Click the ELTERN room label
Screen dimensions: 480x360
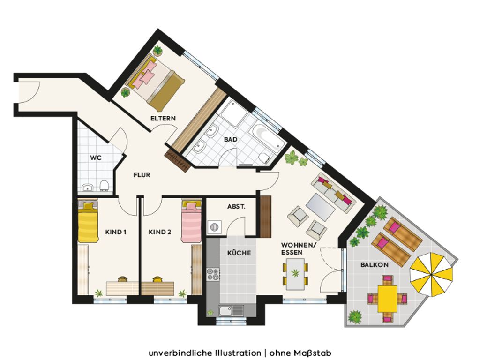[x=163, y=118]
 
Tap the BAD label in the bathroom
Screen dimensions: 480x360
[x=231, y=139]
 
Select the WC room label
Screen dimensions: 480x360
[x=96, y=158]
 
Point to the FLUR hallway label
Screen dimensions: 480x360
[x=142, y=175]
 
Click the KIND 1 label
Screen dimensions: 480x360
[x=116, y=232]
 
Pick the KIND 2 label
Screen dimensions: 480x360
[x=160, y=232]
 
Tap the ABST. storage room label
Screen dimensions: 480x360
[x=236, y=207]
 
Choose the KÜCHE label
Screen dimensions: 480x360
[x=239, y=253]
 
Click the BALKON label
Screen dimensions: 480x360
[x=375, y=265]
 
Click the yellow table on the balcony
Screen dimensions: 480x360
[x=387, y=299]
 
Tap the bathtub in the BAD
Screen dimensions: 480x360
[x=265, y=137]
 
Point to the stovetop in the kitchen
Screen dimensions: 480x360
[x=213, y=274]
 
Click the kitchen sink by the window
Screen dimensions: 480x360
[x=231, y=310]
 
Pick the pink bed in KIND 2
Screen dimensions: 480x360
[x=191, y=220]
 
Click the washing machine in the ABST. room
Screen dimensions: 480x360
[x=214, y=227]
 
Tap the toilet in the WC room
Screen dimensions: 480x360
[x=105, y=186]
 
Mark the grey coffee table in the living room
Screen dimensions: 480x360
[x=321, y=207]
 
